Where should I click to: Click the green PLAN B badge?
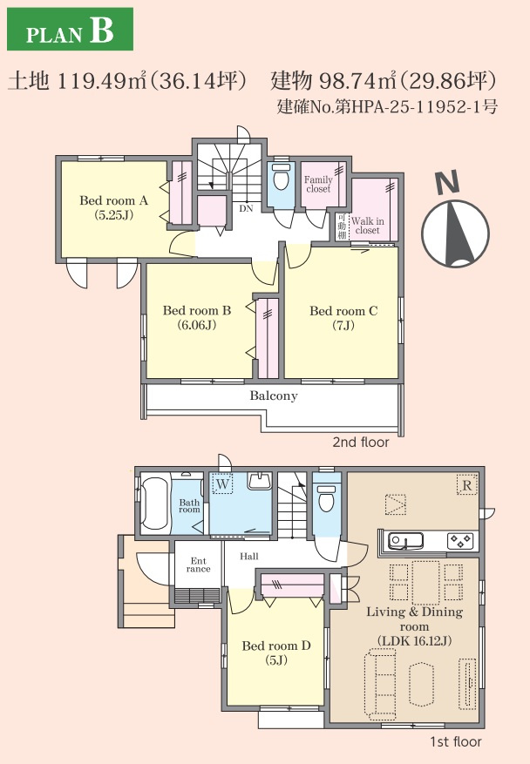[x=71, y=29]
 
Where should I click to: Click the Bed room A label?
[x=113, y=207]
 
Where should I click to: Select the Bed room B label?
[x=197, y=317]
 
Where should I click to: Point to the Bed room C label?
[x=343, y=318]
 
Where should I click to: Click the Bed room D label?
[x=276, y=652]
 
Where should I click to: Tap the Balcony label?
[x=274, y=396]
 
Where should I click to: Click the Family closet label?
[x=318, y=184]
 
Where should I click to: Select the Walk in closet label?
[x=368, y=226]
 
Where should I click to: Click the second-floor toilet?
[x=281, y=178]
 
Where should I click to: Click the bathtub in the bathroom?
[x=155, y=505]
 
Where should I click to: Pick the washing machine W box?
[x=222, y=484]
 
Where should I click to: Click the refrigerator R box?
[x=466, y=485]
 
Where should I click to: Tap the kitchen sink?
[x=405, y=541]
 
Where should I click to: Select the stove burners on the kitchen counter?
[x=461, y=540]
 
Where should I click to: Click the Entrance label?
[x=199, y=565]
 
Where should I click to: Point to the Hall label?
[x=249, y=556]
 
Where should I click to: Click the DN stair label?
[x=246, y=208]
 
